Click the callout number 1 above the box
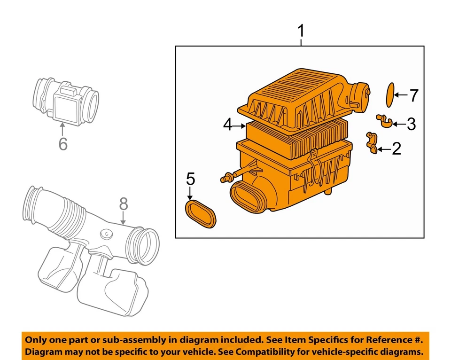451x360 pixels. click(301, 32)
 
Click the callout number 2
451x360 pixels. click(397, 149)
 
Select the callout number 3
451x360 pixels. click(411, 124)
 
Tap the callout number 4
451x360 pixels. click(228, 125)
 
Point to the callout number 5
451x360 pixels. click(190, 179)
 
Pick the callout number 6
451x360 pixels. click(63, 144)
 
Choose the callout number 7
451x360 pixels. click(413, 95)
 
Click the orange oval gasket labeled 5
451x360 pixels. click(201, 213)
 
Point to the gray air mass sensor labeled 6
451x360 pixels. click(65, 99)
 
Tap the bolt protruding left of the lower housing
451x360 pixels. click(226, 178)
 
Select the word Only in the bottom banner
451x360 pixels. click(37, 340)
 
